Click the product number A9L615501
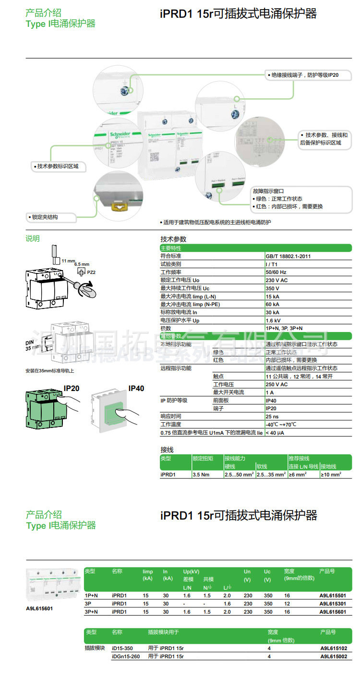coord(332,595)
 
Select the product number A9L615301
coord(332,604)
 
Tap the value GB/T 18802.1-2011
coord(288,256)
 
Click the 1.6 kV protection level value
coord(273,320)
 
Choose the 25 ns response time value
coord(272,416)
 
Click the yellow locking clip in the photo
coord(118,206)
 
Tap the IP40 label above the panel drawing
coord(136,389)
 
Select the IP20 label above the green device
coord(72,388)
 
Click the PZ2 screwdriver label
coord(91,272)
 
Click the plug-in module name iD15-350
coord(122,648)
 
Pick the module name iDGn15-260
coord(126,656)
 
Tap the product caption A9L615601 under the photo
coord(39,608)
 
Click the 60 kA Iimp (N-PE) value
coord(272,304)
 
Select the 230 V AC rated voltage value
coord(276,280)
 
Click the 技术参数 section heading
coord(173,239)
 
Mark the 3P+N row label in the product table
coord(91,612)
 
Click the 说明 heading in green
coord(33,238)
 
